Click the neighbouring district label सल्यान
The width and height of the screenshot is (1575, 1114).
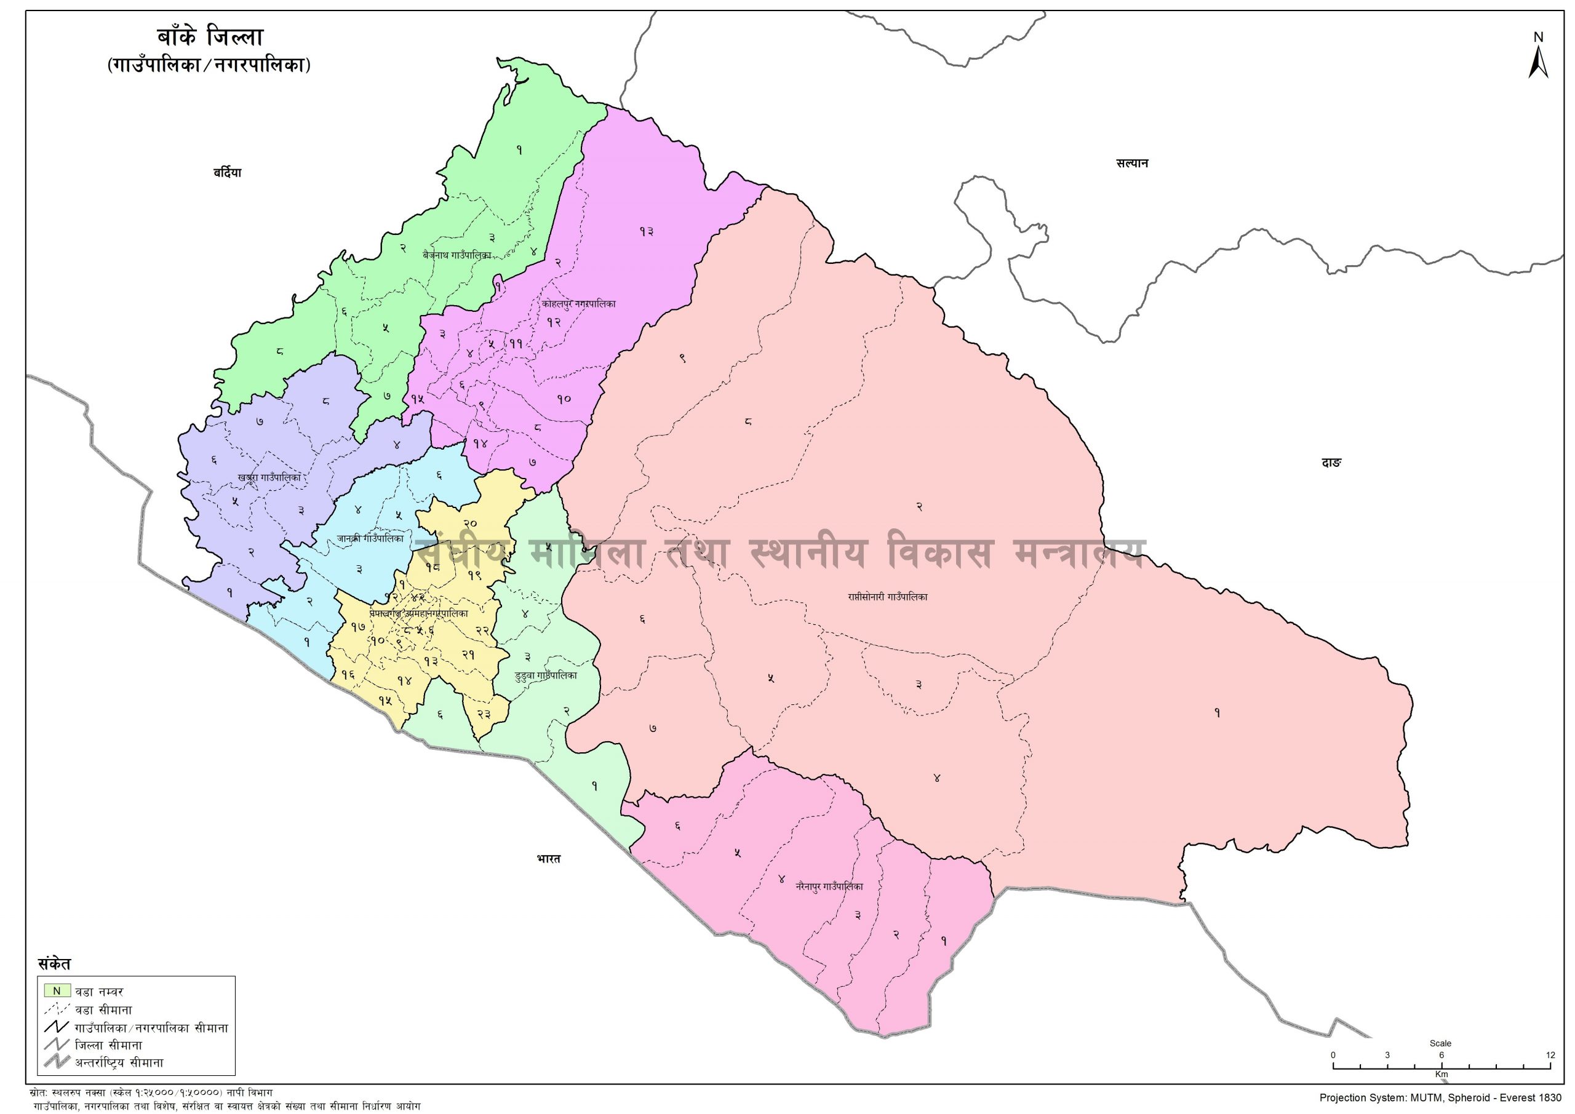point(1132,163)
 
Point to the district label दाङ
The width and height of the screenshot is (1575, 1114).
point(1331,463)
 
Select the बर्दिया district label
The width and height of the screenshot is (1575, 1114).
point(227,173)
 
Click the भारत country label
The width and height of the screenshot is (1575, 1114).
point(549,859)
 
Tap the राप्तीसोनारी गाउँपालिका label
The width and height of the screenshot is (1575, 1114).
point(887,597)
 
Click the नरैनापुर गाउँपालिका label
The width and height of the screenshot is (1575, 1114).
point(829,886)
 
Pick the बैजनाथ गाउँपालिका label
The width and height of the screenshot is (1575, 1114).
point(458,255)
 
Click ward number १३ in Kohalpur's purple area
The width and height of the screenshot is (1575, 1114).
point(646,231)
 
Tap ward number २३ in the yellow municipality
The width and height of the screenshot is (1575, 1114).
point(484,714)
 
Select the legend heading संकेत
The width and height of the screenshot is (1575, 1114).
point(54,963)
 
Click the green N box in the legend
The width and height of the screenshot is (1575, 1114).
point(58,990)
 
